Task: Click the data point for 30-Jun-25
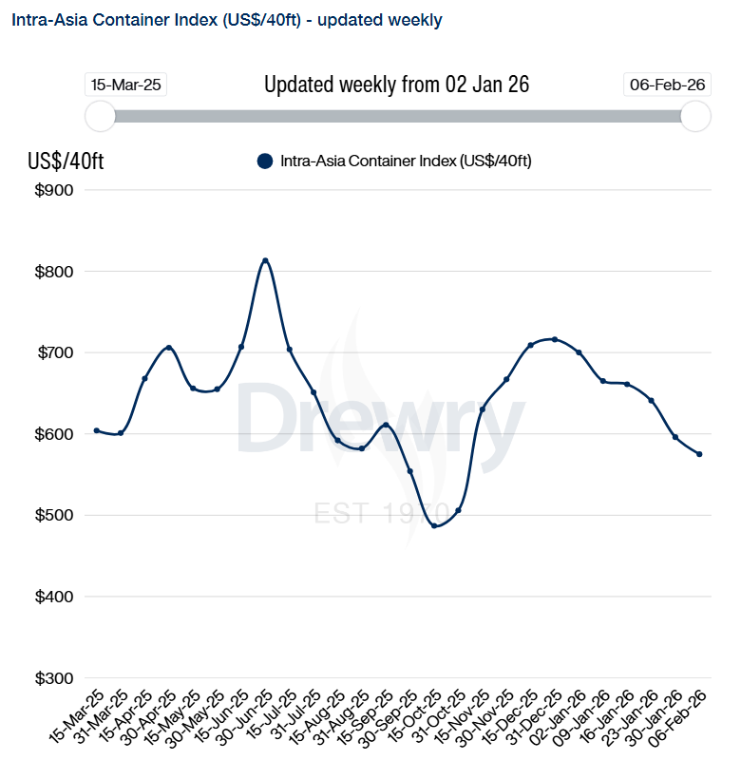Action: point(265,260)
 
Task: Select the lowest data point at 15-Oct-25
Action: point(434,525)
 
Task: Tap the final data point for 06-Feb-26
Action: point(699,454)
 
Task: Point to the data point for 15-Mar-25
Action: point(97,430)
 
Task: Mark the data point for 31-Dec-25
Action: point(555,339)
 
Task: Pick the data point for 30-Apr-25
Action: point(169,348)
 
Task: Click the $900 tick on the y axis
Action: point(53,190)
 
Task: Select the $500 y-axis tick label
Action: point(53,516)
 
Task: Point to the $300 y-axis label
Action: point(53,678)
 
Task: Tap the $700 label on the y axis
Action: point(53,352)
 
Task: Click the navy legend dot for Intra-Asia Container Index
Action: point(265,161)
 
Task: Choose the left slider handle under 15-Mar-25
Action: point(100,116)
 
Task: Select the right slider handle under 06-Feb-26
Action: point(696,116)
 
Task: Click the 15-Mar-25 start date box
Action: point(126,85)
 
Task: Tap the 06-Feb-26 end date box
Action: point(667,85)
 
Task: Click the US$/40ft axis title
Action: point(66,161)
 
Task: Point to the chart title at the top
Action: point(226,19)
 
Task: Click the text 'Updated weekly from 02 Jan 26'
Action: point(396,85)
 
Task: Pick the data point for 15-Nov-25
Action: point(483,409)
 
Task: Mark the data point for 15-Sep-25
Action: point(386,425)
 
